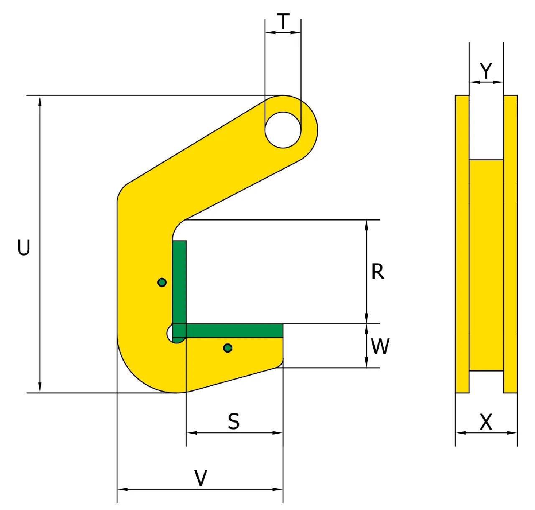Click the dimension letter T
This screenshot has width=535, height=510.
(283, 21)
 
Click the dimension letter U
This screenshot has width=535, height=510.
(24, 247)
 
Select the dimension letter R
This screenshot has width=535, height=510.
(377, 272)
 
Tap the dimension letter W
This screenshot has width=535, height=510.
(380, 346)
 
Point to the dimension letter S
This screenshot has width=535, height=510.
(234, 421)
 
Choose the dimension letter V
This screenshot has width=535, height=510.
(201, 478)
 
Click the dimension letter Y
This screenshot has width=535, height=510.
(486, 71)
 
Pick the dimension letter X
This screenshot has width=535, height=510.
(486, 422)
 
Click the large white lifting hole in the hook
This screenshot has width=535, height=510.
(283, 130)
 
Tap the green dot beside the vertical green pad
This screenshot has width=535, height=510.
(162, 282)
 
